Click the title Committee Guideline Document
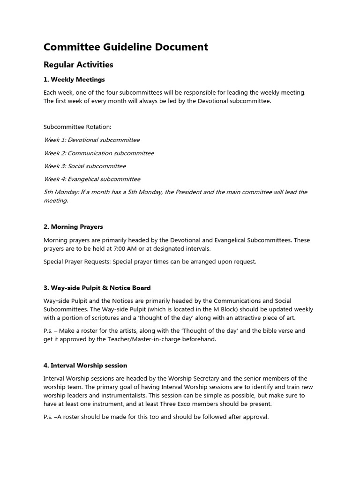tap(126, 47)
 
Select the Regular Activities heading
tap(78, 64)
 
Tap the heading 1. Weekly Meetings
tap(74, 79)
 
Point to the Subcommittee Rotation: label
tap(77, 127)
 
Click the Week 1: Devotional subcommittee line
tap(91, 140)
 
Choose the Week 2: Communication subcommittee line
tap(98, 153)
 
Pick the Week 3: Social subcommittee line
tap(84, 166)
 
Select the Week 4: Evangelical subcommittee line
tap(92, 179)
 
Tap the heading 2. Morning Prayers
tap(73, 226)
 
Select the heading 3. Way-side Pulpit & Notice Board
tap(97, 287)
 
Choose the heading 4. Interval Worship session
tap(85, 365)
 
